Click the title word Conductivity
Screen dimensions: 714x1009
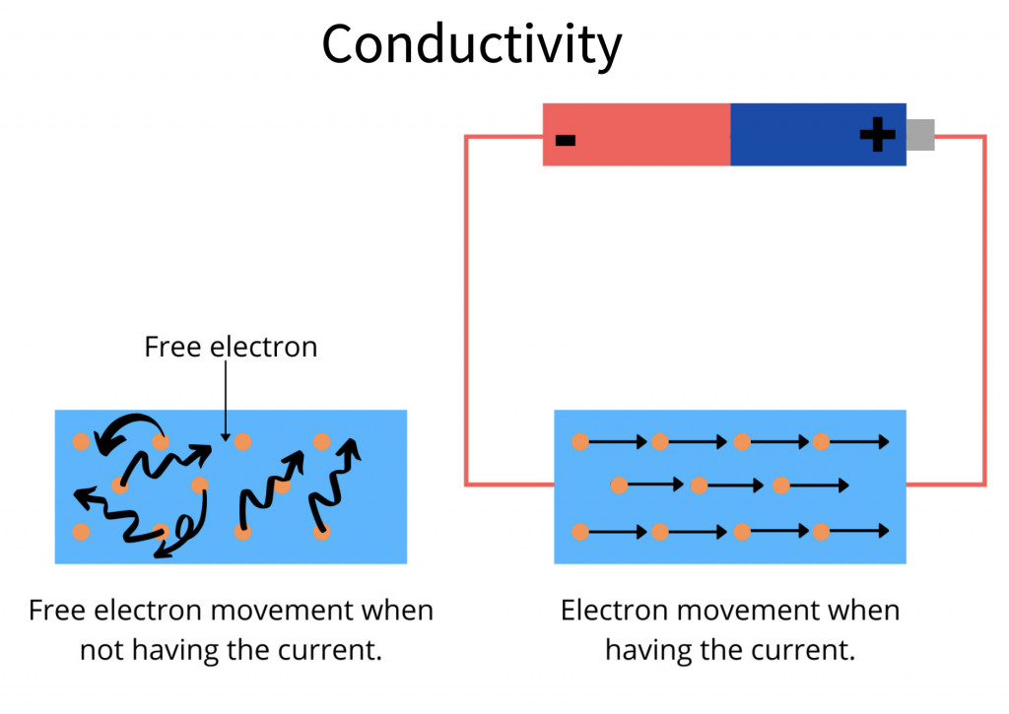pyautogui.click(x=471, y=44)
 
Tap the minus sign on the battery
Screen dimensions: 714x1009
pyautogui.click(x=565, y=139)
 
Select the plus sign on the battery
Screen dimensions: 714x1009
pyautogui.click(x=877, y=135)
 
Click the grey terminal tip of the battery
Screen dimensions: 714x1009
pyautogui.click(x=919, y=135)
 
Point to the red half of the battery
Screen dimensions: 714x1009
pyautogui.click(x=637, y=135)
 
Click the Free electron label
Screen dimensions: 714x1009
pyautogui.click(x=231, y=348)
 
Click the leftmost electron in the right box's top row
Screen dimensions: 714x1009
pyautogui.click(x=580, y=442)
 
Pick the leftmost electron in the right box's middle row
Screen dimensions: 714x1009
pyautogui.click(x=619, y=485)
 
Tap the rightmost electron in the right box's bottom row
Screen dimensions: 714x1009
pyautogui.click(x=821, y=532)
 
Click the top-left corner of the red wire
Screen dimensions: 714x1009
pyautogui.click(x=467, y=138)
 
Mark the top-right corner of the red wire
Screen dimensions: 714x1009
pyautogui.click(x=983, y=138)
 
